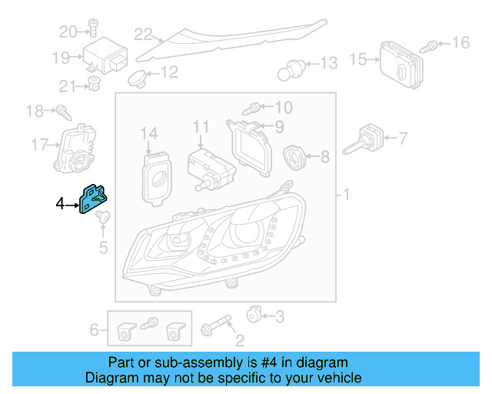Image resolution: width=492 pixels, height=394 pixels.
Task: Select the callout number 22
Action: [x=143, y=34]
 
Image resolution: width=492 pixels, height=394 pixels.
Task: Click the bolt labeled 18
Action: [x=62, y=113]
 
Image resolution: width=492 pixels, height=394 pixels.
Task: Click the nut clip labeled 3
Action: [x=253, y=315]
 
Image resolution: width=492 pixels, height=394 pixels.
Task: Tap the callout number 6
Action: [x=95, y=330]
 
